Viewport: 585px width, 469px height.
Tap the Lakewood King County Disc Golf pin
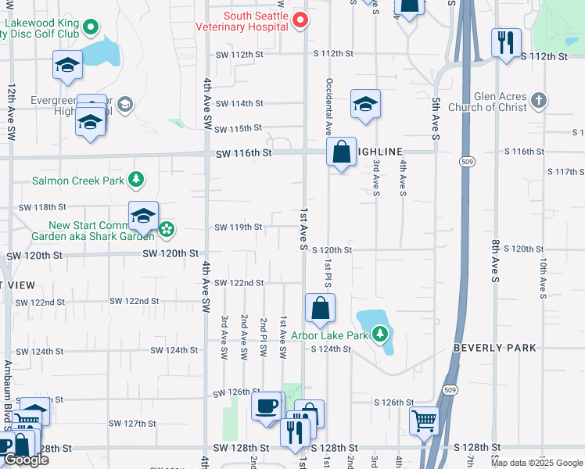[x=91, y=28]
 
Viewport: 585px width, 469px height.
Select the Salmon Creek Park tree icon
[x=137, y=180]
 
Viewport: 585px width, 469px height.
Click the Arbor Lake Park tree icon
[x=380, y=335]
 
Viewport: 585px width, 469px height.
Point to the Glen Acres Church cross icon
[x=538, y=100]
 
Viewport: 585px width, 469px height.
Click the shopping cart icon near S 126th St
[x=424, y=421]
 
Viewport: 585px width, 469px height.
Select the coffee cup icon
[x=266, y=406]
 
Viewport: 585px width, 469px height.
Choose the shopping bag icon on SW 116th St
[x=342, y=152]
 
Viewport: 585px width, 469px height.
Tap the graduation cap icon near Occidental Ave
[x=365, y=105]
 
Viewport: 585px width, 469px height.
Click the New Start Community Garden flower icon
[x=166, y=230]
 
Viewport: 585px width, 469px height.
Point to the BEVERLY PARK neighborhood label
[x=495, y=348]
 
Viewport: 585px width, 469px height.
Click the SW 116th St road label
[x=244, y=153]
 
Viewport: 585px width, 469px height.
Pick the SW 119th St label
[x=239, y=227]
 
